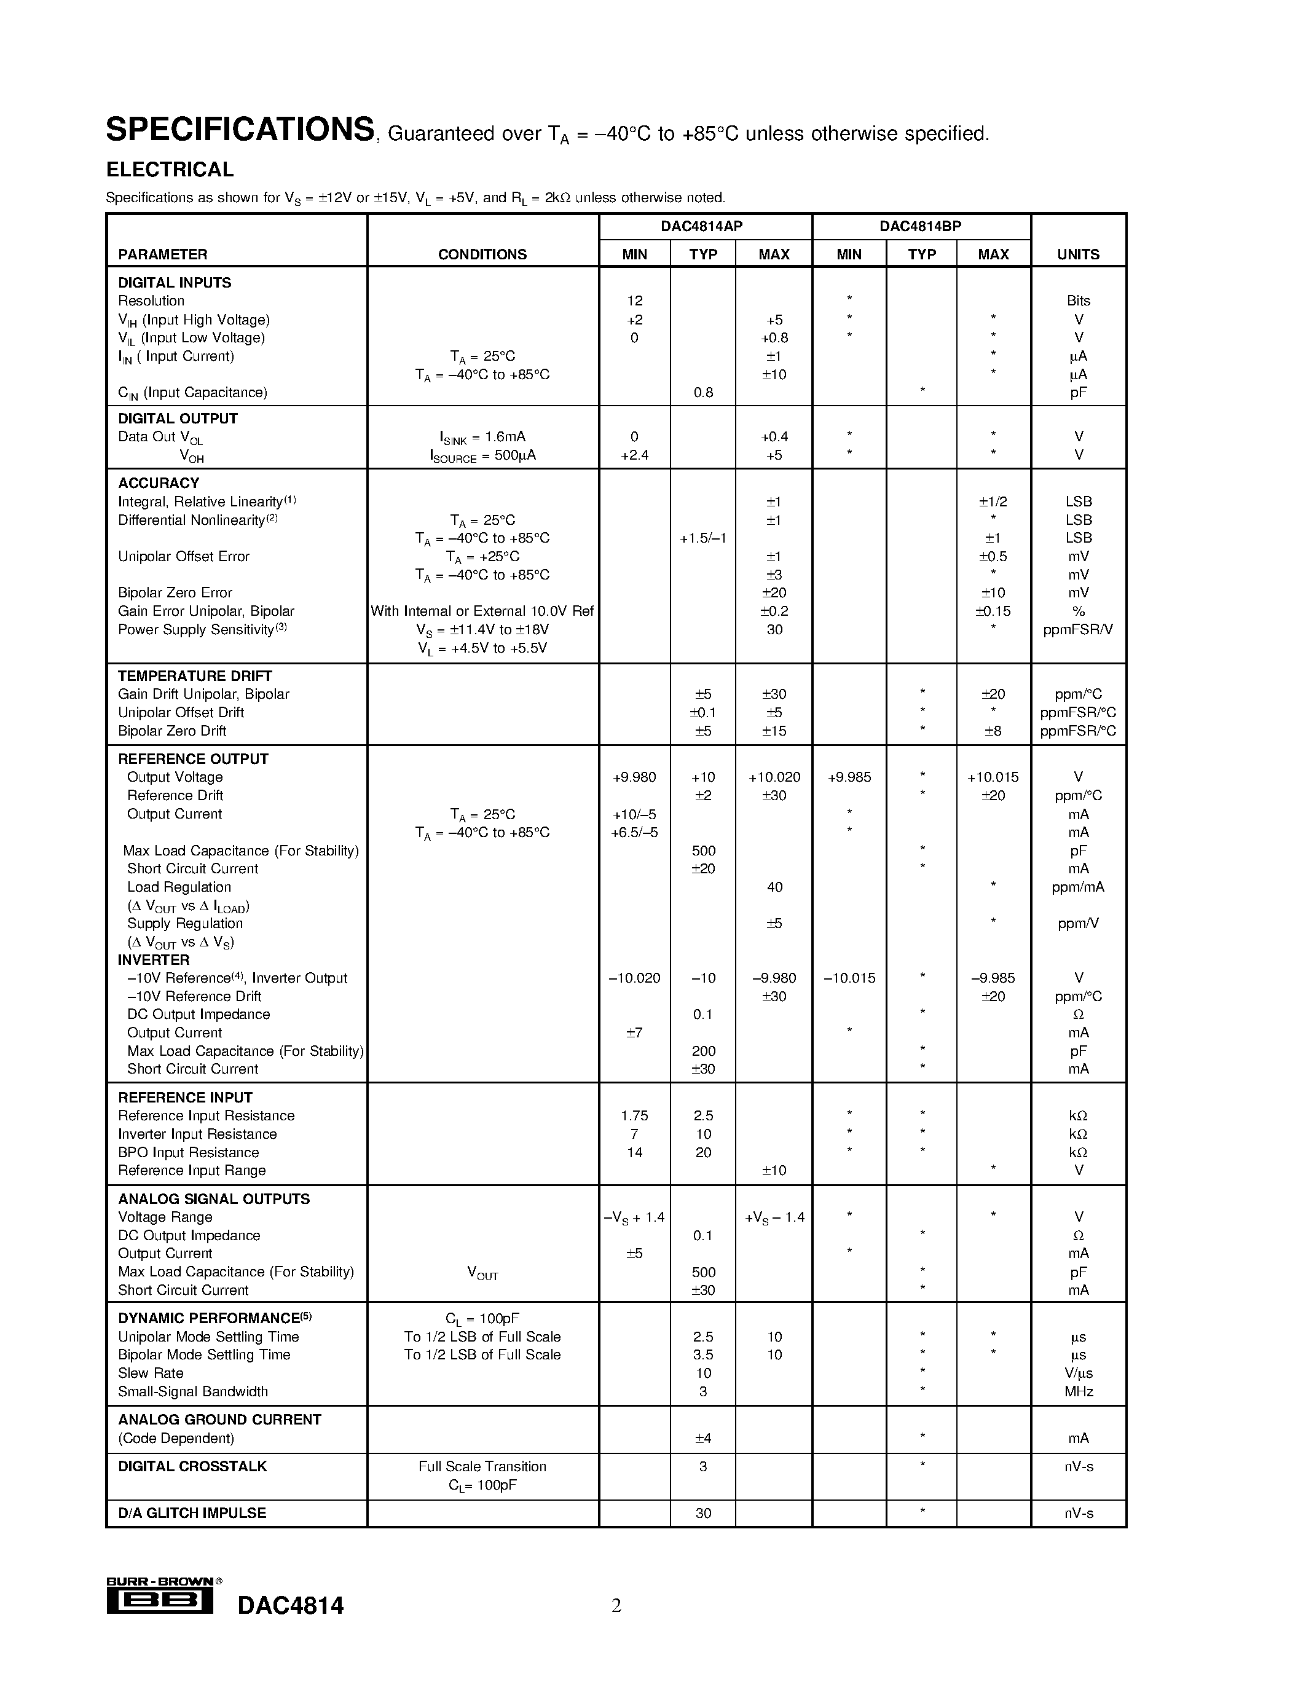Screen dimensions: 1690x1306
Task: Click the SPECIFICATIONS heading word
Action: point(240,130)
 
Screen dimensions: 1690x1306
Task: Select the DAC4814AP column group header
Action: point(701,227)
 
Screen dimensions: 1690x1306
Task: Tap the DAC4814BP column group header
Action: point(920,227)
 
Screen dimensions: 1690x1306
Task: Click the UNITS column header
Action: point(1078,254)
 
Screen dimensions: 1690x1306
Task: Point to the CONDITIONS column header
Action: point(482,254)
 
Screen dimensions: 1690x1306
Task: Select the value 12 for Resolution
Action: point(634,301)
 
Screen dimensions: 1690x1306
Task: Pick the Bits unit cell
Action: point(1078,301)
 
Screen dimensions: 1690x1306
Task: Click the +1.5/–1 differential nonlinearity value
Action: point(702,538)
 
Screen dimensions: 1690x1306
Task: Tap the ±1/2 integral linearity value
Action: point(993,502)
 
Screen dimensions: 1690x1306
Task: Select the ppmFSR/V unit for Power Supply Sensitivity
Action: point(1078,630)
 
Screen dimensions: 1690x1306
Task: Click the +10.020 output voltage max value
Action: point(774,777)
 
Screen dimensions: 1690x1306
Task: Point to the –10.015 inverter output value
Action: point(849,978)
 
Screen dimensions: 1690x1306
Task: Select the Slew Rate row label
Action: point(151,1374)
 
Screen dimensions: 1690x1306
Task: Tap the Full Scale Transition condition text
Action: point(482,1467)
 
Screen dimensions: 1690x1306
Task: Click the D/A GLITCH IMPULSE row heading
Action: point(192,1514)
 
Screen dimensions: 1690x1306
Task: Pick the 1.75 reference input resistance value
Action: point(634,1116)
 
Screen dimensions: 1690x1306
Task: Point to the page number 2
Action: point(616,1606)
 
